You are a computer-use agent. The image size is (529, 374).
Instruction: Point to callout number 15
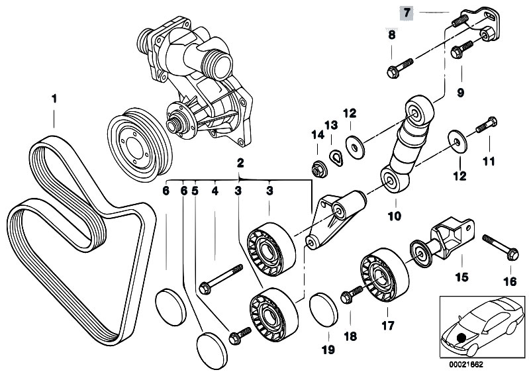coord(457,271)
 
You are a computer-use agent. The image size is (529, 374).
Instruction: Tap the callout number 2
coord(241,162)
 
